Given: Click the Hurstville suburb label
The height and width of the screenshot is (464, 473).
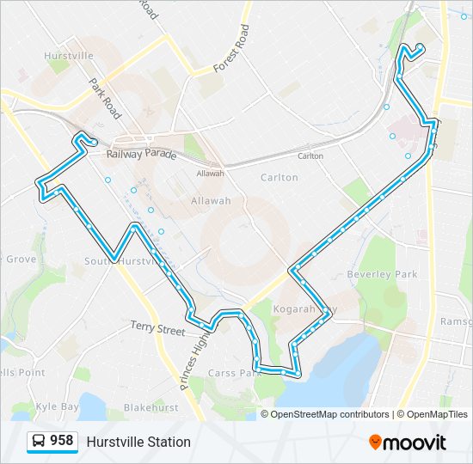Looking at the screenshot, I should tap(69, 56).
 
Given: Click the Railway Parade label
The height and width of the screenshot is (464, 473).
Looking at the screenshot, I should tap(142, 155).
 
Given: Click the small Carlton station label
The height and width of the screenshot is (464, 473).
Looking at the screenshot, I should tap(310, 156).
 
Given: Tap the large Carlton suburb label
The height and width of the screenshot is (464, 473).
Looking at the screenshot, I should tap(279, 178).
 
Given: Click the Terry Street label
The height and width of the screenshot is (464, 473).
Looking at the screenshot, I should tap(158, 328).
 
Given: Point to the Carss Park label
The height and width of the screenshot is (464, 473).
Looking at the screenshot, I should tap(235, 373).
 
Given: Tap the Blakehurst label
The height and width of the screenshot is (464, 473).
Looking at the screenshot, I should tap(150, 407).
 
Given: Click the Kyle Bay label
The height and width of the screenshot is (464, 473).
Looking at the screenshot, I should tap(57, 406).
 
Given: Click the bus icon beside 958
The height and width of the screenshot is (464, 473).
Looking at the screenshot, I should tap(38, 442).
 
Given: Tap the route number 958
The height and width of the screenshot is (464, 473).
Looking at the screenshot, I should tap(62, 442).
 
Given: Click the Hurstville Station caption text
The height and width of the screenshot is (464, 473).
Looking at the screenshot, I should tap(138, 443).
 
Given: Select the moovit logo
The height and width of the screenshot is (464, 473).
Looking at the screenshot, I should tap(408, 443).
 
